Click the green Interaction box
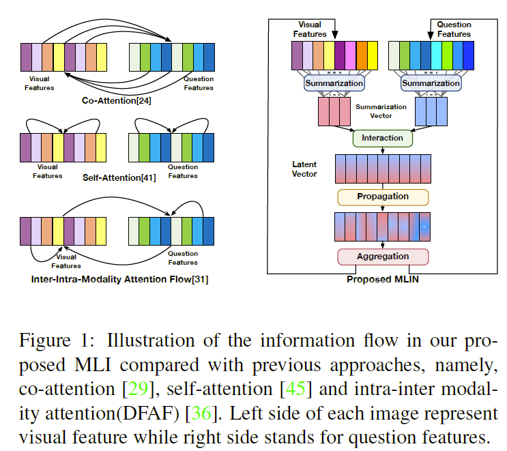(382, 138)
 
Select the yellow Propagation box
(382, 197)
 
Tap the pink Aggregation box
(382, 257)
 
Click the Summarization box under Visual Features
(334, 83)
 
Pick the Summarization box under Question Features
(431, 83)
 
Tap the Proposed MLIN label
(383, 278)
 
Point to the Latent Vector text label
(304, 169)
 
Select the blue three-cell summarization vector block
(431, 111)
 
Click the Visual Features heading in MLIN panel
(310, 29)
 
